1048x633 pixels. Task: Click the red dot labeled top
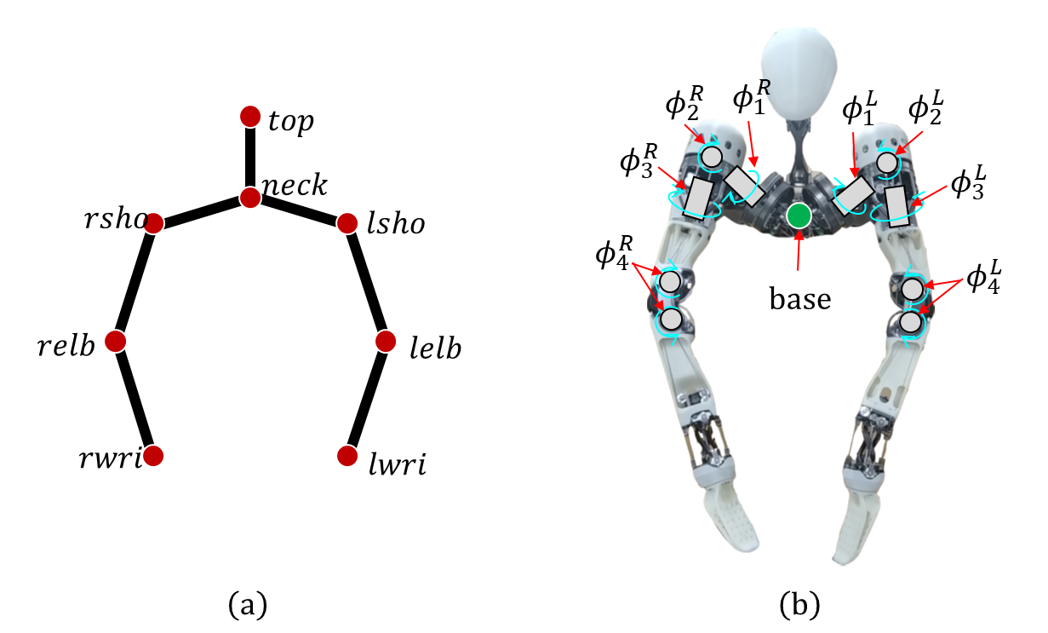[250, 117]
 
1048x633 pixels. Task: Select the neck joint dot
[250, 198]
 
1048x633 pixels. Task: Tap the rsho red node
[153, 223]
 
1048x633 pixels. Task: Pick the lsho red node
[347, 223]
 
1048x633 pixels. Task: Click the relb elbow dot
[115, 341]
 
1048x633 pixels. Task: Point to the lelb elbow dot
[386, 341]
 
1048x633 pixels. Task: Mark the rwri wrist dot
[153, 456]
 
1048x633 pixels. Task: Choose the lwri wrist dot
[347, 456]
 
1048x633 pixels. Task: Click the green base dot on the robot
[799, 216]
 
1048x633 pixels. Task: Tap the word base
[800, 299]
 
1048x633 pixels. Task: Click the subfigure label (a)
[248, 605]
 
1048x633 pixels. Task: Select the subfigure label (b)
[799, 605]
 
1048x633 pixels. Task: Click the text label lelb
[436, 348]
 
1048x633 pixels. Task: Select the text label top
[290, 122]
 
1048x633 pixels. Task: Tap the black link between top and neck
[250, 158]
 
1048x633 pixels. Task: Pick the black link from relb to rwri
[135, 399]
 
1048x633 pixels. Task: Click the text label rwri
[111, 457]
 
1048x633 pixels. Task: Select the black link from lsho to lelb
[366, 282]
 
